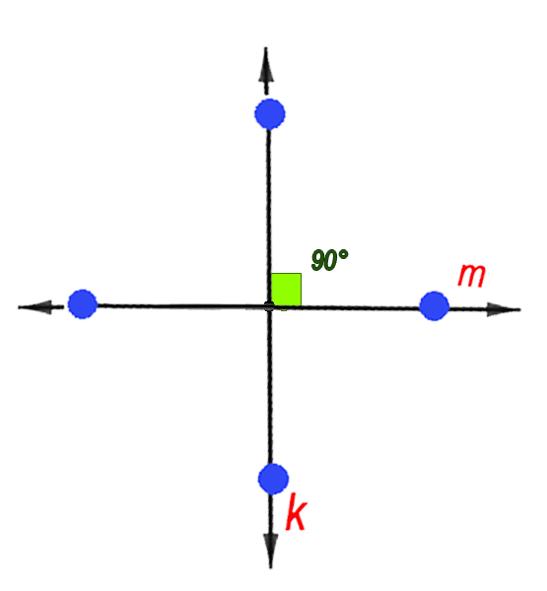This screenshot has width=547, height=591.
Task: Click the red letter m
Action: point(471,276)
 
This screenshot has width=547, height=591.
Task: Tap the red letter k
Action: point(297,511)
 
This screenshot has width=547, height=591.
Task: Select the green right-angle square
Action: point(286,289)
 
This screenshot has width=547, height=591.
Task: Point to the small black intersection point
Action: point(269,306)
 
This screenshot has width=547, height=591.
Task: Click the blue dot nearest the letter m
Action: point(435,305)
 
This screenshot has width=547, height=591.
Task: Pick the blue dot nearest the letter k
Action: point(274,479)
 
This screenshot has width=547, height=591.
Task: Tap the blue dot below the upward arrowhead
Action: point(270,114)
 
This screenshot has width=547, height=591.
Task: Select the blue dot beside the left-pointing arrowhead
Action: point(83,303)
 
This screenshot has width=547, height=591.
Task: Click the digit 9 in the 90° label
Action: point(318,260)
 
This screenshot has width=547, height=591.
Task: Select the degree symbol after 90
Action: point(343,254)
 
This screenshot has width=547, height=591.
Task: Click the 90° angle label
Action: point(330,260)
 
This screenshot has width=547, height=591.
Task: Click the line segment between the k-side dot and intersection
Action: point(270,387)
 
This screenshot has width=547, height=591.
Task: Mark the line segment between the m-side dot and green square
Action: point(361,307)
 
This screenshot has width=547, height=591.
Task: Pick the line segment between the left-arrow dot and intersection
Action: point(181,305)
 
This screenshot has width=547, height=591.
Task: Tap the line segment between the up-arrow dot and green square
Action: point(268,201)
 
